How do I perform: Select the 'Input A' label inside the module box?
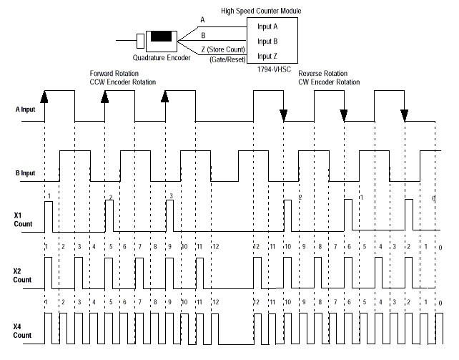268,26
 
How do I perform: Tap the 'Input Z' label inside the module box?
268,55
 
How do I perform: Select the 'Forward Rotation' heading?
114,73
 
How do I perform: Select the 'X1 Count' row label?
23,219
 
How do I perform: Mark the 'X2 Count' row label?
23,276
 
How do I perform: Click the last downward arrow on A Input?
404,115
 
